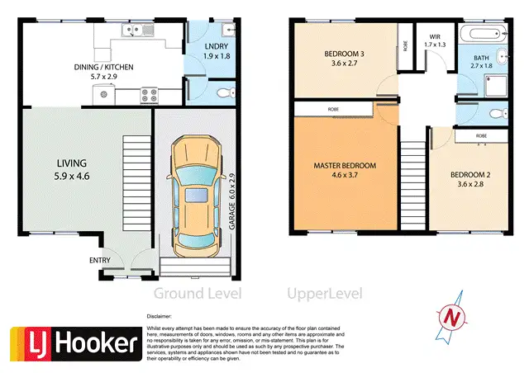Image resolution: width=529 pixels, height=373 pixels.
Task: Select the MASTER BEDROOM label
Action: pos(344,166)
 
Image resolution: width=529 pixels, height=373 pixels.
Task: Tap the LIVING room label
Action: pos(72,163)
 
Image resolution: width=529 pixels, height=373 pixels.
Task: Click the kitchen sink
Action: pos(137,31)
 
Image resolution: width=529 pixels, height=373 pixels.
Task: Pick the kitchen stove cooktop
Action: pos(150,93)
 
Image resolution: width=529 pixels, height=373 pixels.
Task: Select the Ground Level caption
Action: pos(197,293)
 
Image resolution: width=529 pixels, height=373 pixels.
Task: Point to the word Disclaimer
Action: pos(160,316)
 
